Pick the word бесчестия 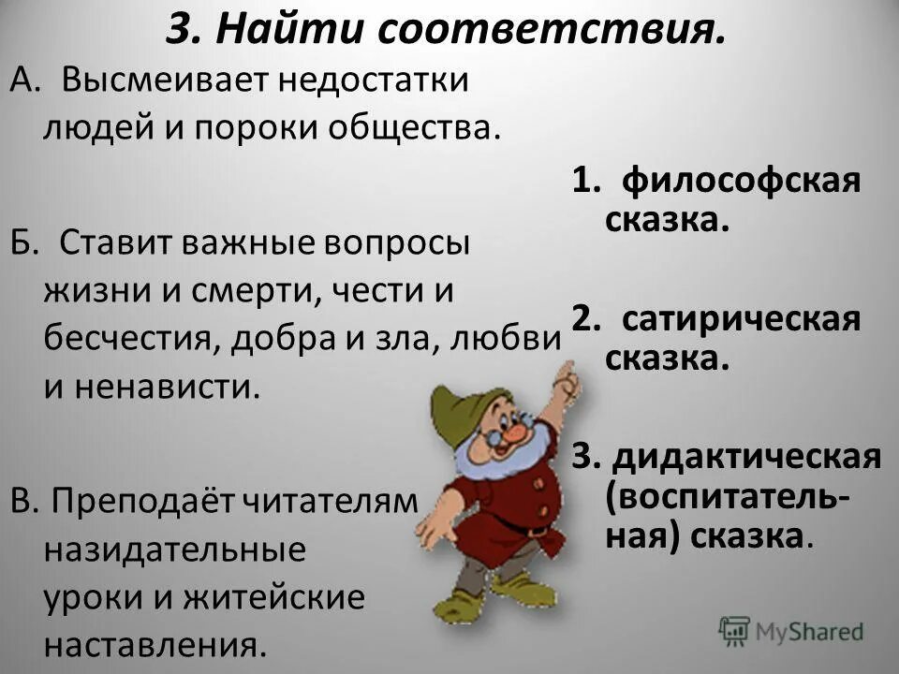coord(126,338)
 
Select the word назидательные coord(173,549)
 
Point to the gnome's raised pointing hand coord(565,376)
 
